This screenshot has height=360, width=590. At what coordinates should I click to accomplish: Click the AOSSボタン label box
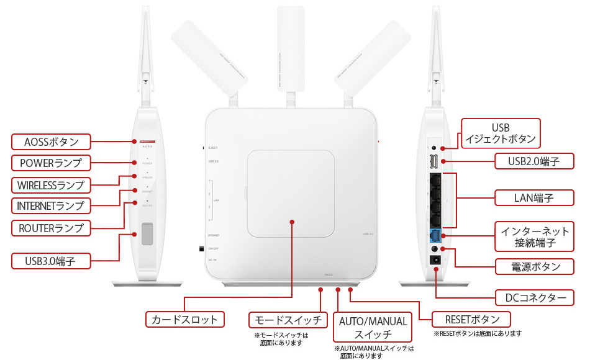51,142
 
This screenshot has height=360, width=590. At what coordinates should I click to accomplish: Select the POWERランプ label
51,163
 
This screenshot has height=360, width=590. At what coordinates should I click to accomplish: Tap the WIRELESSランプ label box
51,185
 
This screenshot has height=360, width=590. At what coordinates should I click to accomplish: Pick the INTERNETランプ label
51,205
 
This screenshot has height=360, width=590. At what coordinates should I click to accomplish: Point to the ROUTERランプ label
51,228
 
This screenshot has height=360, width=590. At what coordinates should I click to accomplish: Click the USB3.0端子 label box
51,261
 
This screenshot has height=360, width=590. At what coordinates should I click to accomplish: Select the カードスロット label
185,320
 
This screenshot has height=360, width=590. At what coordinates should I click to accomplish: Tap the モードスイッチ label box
288,320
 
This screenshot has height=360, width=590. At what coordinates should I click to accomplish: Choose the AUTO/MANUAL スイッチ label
373,327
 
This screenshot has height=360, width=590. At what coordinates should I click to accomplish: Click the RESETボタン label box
471,320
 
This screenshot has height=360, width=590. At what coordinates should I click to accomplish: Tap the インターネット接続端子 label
535,237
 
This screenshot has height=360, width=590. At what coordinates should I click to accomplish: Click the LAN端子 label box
533,198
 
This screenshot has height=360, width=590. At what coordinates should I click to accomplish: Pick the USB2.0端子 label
533,162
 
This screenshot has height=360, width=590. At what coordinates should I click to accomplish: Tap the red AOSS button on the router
147,142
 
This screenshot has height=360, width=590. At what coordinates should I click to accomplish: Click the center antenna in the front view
291,50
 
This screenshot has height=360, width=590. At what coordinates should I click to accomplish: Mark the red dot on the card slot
291,220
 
